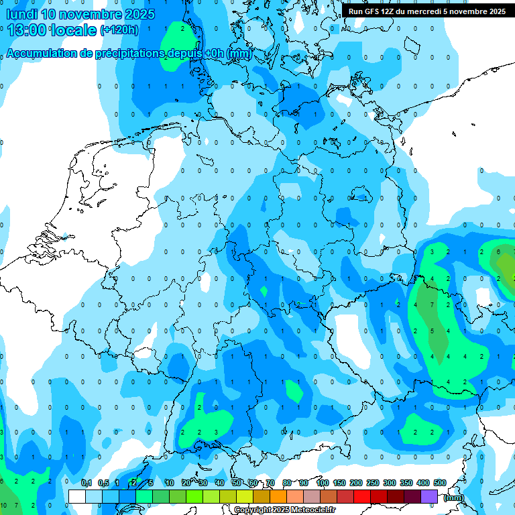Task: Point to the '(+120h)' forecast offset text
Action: (x=119, y=30)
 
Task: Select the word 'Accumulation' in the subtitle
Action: (x=41, y=54)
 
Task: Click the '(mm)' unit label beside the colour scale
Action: (x=454, y=498)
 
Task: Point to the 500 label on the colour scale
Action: (x=440, y=483)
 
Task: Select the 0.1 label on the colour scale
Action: (x=87, y=483)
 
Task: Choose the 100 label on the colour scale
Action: (x=323, y=483)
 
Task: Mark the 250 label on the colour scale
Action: (x=373, y=483)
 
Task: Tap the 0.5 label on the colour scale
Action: (x=103, y=483)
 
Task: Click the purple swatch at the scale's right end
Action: (x=429, y=496)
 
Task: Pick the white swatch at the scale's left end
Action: (x=76, y=496)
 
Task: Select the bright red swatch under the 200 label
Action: (x=362, y=496)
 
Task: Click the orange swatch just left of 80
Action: (x=278, y=496)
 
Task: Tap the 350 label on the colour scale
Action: (x=406, y=483)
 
